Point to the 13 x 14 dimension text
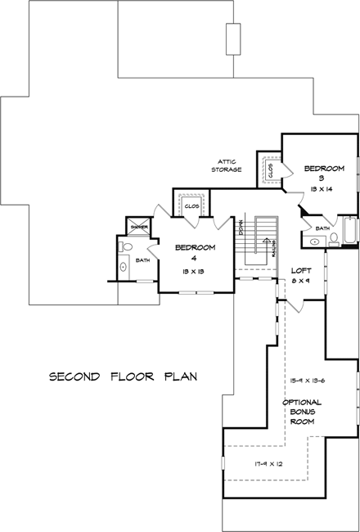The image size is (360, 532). click(322, 189)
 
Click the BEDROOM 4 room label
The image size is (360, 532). click(194, 251)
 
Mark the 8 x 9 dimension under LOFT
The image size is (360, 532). click(301, 281)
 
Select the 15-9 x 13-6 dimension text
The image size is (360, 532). click(307, 381)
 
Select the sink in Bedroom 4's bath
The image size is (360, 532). click(124, 265)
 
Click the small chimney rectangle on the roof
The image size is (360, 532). click(233, 38)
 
